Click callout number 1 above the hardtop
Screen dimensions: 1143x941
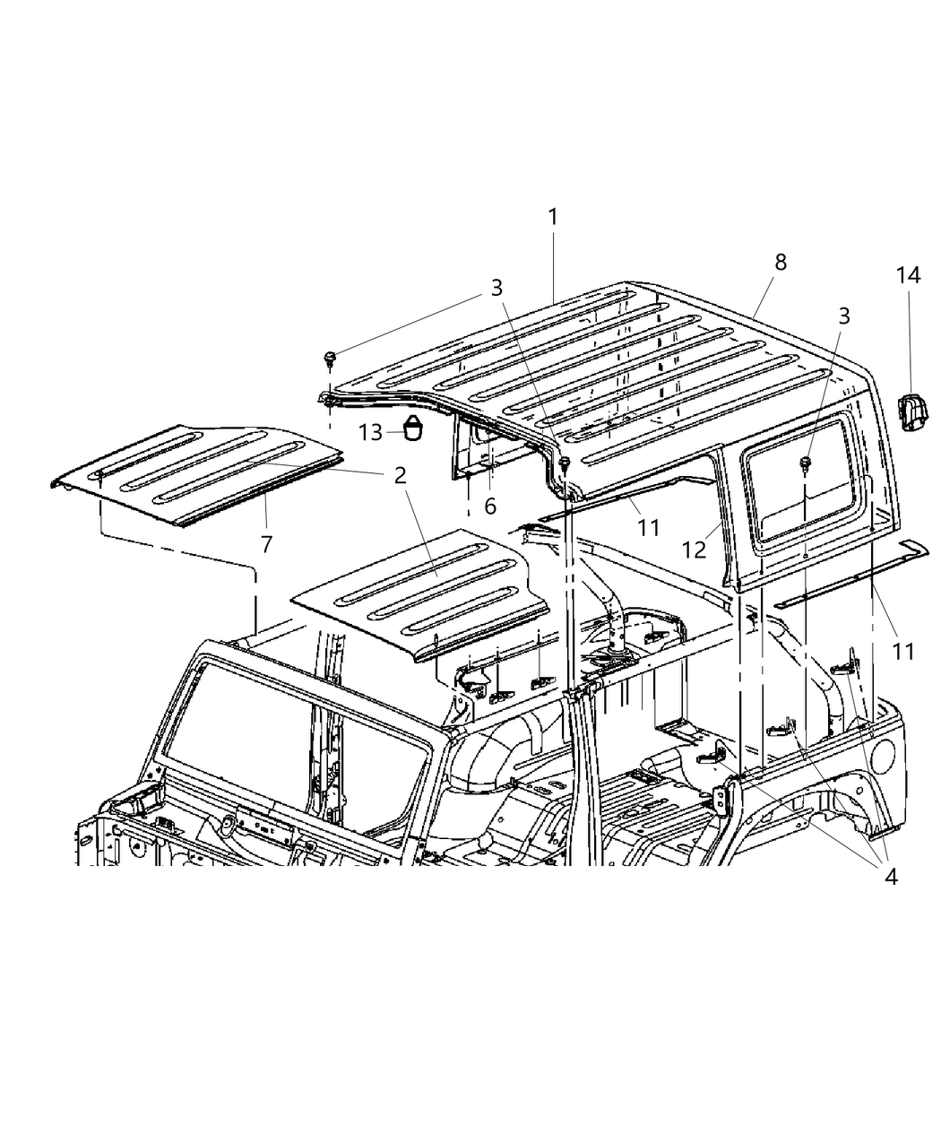point(553,217)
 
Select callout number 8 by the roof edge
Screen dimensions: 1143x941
point(781,262)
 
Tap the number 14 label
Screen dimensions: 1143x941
point(908,275)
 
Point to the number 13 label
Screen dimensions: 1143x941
point(370,432)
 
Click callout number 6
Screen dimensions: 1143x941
point(490,506)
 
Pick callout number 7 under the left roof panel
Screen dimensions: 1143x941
point(266,543)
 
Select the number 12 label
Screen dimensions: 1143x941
point(695,549)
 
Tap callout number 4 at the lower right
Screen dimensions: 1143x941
point(889,876)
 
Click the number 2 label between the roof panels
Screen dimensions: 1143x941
point(399,475)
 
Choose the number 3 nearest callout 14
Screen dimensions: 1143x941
point(843,316)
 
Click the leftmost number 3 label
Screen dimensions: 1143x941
point(496,287)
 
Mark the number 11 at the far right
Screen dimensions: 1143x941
point(903,651)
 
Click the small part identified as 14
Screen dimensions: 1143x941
point(911,415)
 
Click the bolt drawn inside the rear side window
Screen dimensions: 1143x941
point(806,463)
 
